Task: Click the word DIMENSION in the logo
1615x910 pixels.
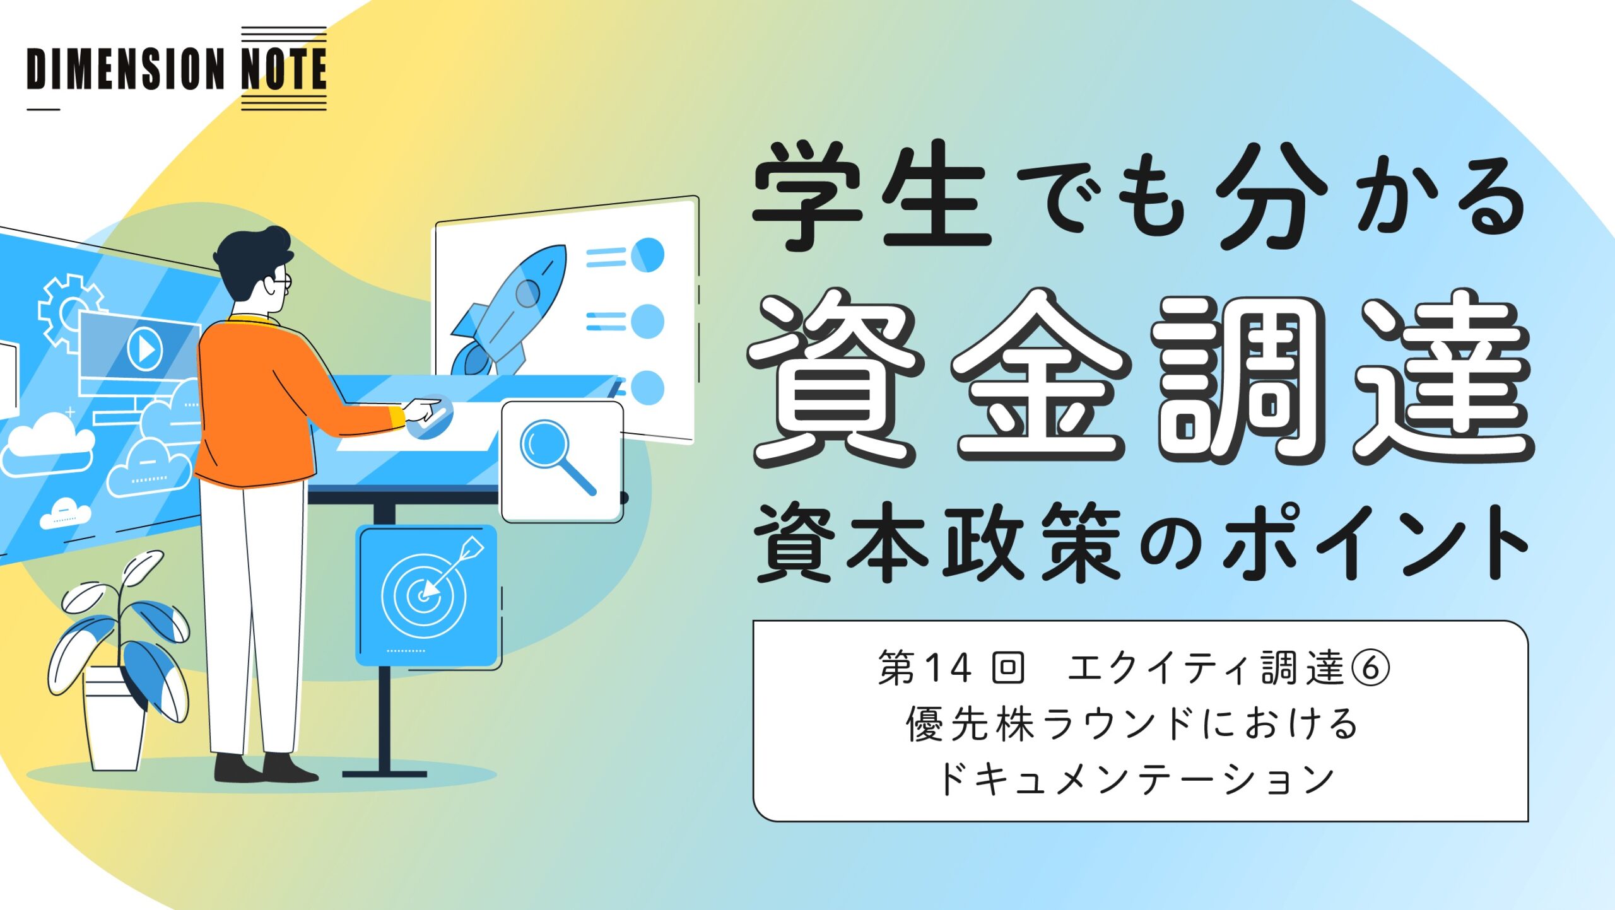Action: coord(126,69)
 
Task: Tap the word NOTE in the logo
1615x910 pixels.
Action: coord(284,69)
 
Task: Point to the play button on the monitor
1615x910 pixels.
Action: coord(145,348)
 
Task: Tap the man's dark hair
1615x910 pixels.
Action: coord(252,259)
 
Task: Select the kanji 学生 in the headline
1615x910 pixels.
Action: coord(871,195)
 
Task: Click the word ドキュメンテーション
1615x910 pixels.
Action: coord(1136,779)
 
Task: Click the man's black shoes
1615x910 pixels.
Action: coord(265,767)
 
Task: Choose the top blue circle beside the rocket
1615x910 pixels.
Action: coord(647,255)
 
